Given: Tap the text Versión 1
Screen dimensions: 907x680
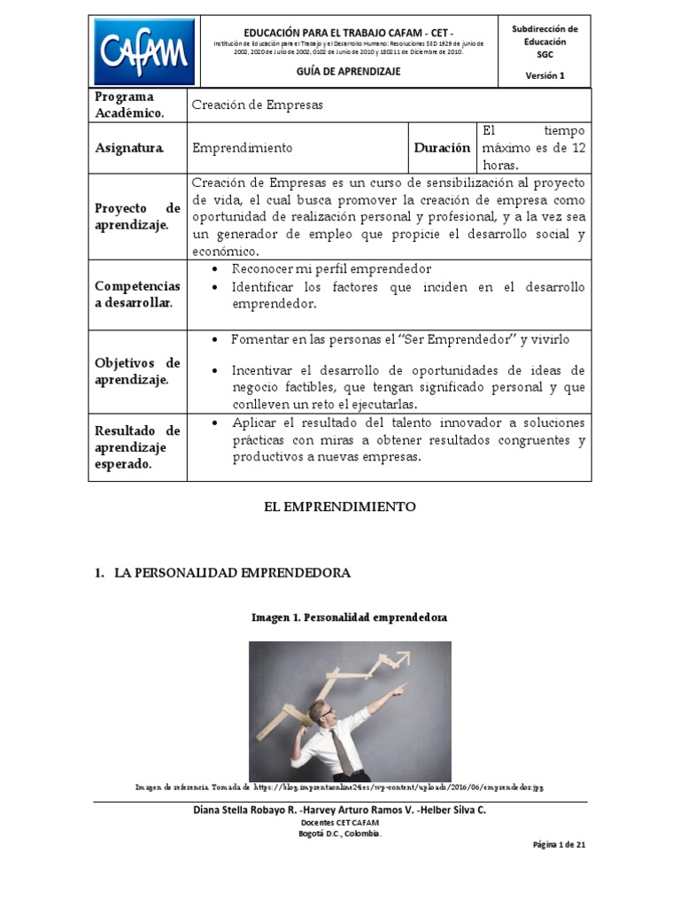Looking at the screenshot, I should (x=545, y=75).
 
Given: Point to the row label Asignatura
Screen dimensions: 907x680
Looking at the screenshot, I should (x=129, y=148).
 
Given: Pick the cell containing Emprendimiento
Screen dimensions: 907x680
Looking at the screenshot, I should (x=243, y=148).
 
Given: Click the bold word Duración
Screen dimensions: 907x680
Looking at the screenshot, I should (x=442, y=148).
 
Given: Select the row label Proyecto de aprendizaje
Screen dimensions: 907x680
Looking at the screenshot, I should (x=137, y=216).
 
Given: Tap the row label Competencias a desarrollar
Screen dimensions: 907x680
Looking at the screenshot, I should (x=137, y=295).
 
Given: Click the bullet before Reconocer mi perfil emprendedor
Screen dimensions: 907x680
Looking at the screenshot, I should (x=216, y=268).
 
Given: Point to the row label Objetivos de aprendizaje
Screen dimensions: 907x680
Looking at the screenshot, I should (x=137, y=371).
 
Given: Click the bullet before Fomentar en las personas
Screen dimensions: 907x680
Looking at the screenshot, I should (x=216, y=340).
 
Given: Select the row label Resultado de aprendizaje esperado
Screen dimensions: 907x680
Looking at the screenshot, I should (x=137, y=446).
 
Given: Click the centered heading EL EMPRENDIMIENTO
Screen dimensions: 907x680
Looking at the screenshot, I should (x=340, y=507).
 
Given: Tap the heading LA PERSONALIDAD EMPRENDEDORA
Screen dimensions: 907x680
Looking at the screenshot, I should (x=232, y=573).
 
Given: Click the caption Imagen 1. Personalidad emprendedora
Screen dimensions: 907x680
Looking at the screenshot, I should (x=350, y=616).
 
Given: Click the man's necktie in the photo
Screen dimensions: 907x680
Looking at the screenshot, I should (x=341, y=749).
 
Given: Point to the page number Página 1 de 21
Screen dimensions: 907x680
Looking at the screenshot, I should (x=559, y=844).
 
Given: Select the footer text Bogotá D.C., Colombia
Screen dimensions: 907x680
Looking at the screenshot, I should (x=340, y=833).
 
